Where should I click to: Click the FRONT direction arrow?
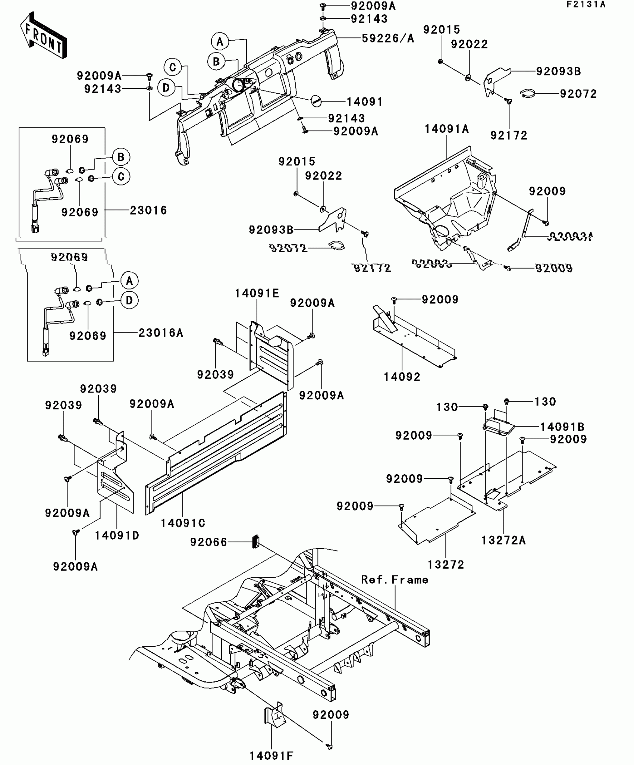[43, 35]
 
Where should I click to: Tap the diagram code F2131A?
[586, 4]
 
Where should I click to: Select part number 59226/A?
[388, 38]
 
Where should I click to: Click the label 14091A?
[446, 129]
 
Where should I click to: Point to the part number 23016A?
[161, 332]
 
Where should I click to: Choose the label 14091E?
[257, 293]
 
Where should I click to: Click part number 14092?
[402, 377]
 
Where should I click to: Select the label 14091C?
[183, 523]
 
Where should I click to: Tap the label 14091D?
[117, 535]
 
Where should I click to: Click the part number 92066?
[208, 542]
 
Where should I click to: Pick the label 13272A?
[503, 540]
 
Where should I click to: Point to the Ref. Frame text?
[395, 580]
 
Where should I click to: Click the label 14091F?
[271, 756]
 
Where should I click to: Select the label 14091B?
[562, 427]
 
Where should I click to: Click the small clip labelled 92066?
[256, 541]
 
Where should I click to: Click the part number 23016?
[148, 210]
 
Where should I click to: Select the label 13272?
[446, 565]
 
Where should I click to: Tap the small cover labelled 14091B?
[499, 426]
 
